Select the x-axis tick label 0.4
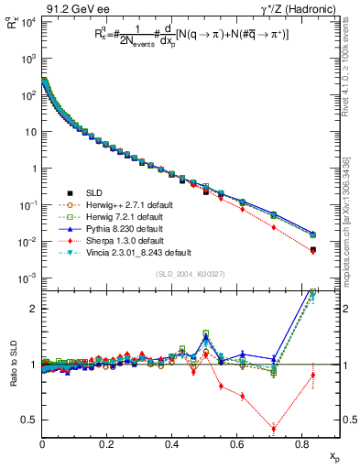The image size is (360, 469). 171,443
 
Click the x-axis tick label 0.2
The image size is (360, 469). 107,443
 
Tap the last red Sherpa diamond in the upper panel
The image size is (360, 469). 313,251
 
